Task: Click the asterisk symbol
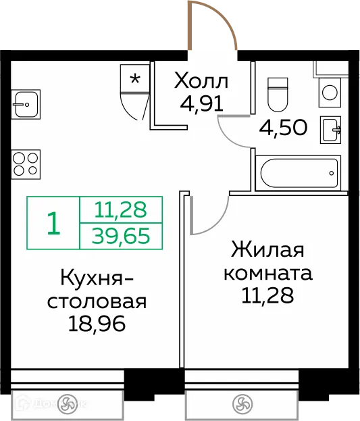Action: [x=135, y=78]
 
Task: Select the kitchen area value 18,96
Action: [x=98, y=324]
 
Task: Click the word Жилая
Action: [x=267, y=251]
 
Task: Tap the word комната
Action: [x=267, y=274]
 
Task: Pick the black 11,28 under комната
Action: [x=267, y=296]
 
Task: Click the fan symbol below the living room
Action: [x=242, y=405]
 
